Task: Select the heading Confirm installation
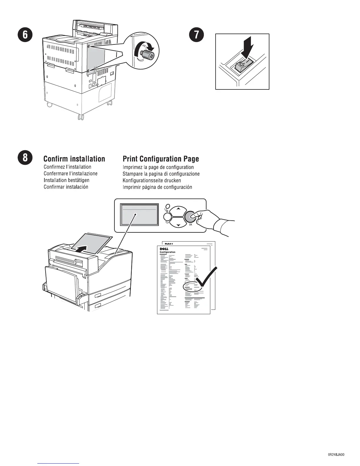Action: click(x=74, y=159)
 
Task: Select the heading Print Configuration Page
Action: click(x=161, y=159)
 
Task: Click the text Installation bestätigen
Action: click(x=66, y=180)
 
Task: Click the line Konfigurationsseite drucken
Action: click(x=152, y=180)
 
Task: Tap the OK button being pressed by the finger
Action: click(x=190, y=217)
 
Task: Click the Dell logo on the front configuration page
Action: click(x=164, y=249)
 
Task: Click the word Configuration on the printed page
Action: click(x=167, y=252)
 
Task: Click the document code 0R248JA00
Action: click(x=336, y=454)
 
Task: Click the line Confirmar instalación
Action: click(x=66, y=187)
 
